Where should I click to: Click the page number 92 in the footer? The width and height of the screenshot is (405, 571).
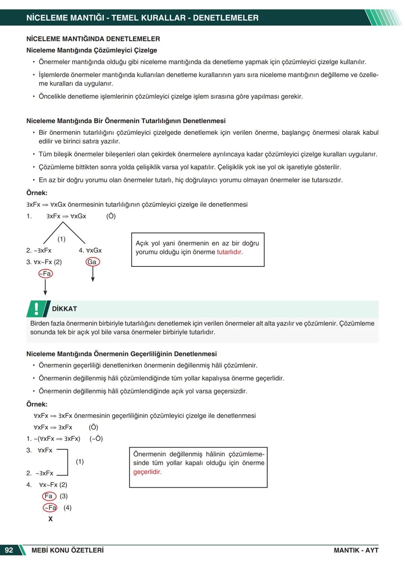9,550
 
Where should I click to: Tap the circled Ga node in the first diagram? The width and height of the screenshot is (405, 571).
92,262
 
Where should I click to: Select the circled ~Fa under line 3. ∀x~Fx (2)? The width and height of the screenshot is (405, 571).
45,273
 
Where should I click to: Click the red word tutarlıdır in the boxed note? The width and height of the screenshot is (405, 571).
229,252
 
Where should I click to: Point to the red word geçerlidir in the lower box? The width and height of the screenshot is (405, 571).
147,472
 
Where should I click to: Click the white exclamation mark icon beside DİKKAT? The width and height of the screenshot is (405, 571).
36,308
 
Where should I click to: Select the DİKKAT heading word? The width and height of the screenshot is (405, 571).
64,309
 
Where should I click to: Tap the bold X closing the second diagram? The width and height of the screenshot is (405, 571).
50,519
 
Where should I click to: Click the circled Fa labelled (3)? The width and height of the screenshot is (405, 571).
49,496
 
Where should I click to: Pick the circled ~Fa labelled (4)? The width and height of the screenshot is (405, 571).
50,508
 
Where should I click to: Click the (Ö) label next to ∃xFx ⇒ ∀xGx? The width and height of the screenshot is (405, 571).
111,216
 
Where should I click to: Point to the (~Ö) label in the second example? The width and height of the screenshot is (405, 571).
96,439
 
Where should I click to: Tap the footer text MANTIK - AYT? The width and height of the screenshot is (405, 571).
356,550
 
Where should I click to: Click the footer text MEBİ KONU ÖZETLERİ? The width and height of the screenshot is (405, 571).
67,550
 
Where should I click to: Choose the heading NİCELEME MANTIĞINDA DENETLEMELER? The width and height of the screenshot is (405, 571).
93,39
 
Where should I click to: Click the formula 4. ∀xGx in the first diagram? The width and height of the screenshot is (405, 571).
90,250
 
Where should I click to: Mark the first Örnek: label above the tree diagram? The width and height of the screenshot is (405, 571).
37,193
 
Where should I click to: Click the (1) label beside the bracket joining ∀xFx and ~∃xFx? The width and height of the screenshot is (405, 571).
79,461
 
